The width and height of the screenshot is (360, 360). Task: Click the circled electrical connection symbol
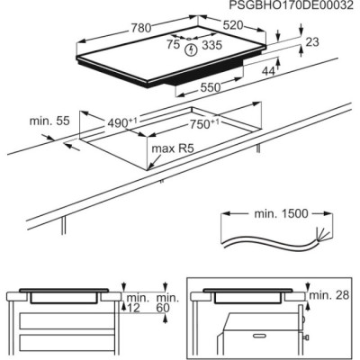pyautogui.click(x=190, y=51)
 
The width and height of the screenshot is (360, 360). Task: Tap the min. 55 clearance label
pyautogui.click(x=49, y=121)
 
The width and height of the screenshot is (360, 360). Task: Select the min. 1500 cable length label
pyautogui.click(x=274, y=214)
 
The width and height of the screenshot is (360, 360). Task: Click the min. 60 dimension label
pyautogui.click(x=165, y=302)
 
